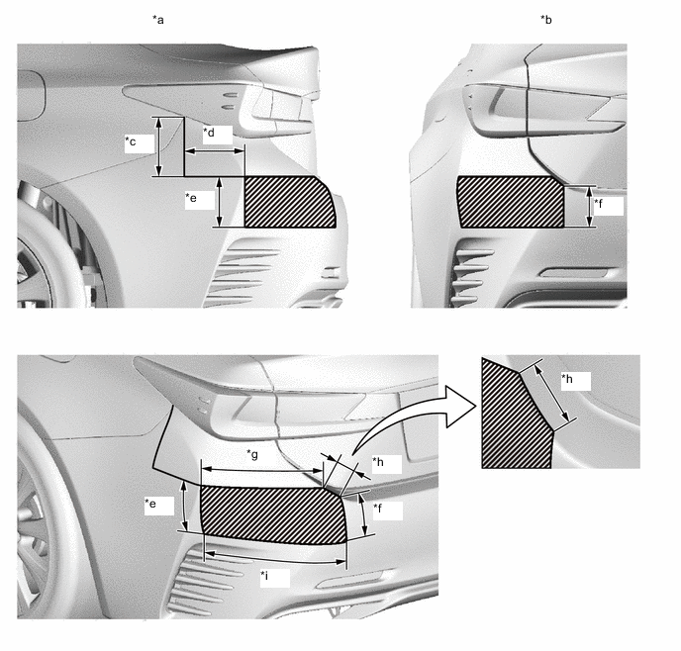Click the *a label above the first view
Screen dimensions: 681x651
tap(158, 20)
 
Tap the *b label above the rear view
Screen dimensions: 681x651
tap(546, 20)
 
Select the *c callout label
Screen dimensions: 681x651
tap(131, 141)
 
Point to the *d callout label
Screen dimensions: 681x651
tap(209, 132)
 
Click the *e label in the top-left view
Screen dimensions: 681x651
tap(191, 198)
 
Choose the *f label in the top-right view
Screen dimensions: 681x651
tap(598, 203)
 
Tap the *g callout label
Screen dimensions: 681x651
tap(252, 454)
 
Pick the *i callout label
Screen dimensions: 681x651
tap(264, 576)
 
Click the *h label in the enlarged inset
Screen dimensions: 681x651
tap(567, 379)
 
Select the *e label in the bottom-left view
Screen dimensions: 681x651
tap(150, 504)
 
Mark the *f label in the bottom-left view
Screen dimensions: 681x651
tap(377, 508)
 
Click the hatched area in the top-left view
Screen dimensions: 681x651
tap(289, 202)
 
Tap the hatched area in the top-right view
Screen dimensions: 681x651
tap(511, 202)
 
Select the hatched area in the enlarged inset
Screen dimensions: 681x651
tap(515, 417)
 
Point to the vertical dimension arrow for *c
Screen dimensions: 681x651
tap(159, 146)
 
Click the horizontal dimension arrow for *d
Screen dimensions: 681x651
tap(215, 151)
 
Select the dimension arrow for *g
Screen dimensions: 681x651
tap(262, 470)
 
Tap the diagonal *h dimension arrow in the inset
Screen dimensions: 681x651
tap(551, 394)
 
